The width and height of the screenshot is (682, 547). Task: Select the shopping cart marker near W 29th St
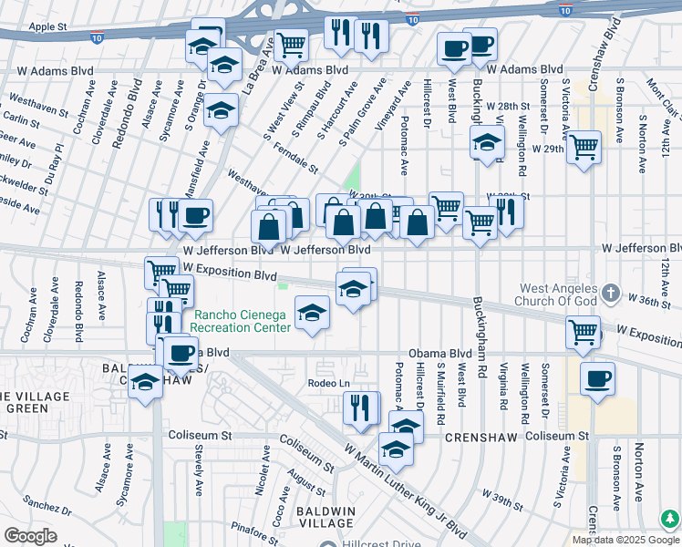(584, 147)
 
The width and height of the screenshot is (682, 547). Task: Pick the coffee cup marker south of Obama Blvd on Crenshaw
(597, 378)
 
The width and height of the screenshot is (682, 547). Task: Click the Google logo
(30, 536)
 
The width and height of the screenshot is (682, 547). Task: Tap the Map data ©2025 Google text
(626, 540)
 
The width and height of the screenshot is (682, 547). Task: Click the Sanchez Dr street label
(42, 503)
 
